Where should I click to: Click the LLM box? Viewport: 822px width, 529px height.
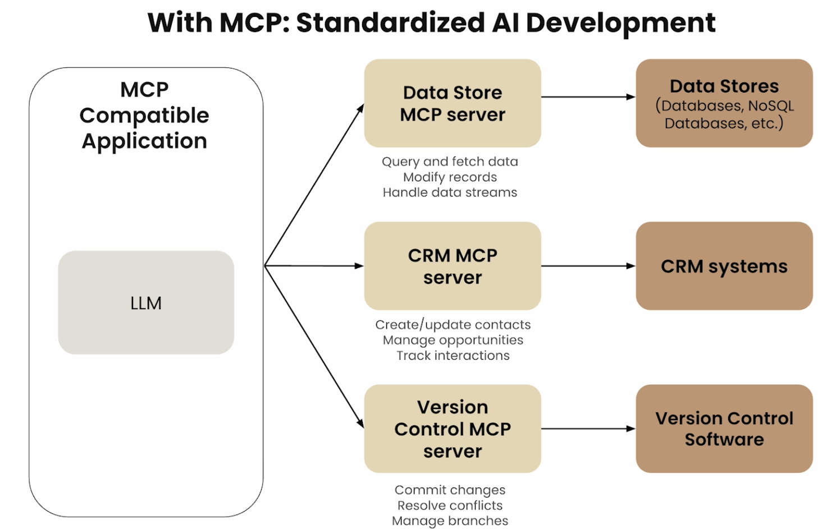pyautogui.click(x=146, y=302)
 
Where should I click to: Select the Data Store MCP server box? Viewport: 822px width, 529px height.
pyautogui.click(x=453, y=103)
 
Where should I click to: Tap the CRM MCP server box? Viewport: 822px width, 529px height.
pyautogui.click(x=453, y=266)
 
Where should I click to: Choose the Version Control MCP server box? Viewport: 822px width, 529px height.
pyautogui.click(x=453, y=429)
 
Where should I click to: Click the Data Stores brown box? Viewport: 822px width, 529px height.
pyautogui.click(x=724, y=103)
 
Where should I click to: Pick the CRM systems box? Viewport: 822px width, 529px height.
pyautogui.click(x=724, y=266)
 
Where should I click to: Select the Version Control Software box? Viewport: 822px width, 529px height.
pyautogui.click(x=724, y=429)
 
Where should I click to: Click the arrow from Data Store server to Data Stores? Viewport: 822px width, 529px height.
pyautogui.click(x=588, y=97)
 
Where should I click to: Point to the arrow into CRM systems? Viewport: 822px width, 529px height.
pyautogui.click(x=588, y=266)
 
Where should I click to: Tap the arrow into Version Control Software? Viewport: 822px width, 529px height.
pyautogui.click(x=588, y=429)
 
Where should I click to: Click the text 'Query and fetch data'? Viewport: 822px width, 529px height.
pyautogui.click(x=450, y=162)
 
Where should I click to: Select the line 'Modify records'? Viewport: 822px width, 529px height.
pyautogui.click(x=450, y=177)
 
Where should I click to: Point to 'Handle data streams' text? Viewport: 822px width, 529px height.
pyautogui.click(x=450, y=192)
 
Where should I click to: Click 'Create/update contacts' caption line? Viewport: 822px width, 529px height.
pyautogui.click(x=453, y=325)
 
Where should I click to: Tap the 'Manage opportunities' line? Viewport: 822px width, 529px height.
pyautogui.click(x=453, y=340)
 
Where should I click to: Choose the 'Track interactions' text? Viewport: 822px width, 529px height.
pyautogui.click(x=453, y=356)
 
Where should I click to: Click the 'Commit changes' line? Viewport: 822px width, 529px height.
pyautogui.click(x=450, y=490)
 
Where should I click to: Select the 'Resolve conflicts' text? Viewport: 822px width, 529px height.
pyautogui.click(x=450, y=505)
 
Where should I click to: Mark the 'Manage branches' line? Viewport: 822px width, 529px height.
pyautogui.click(x=450, y=521)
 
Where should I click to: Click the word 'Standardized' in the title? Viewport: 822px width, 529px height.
pyautogui.click(x=390, y=23)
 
